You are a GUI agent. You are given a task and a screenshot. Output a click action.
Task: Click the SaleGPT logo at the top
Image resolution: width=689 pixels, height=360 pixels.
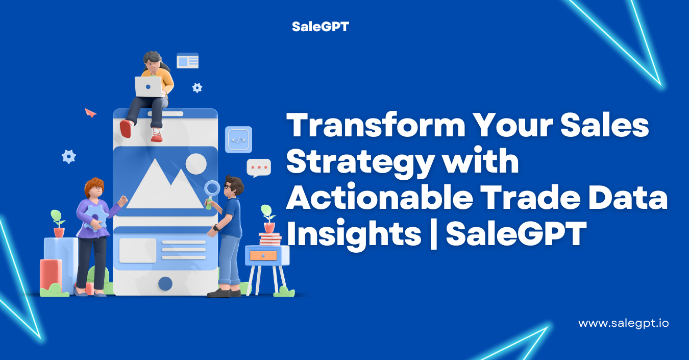320,27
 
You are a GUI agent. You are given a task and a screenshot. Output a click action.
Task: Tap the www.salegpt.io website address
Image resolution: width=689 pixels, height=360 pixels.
624,324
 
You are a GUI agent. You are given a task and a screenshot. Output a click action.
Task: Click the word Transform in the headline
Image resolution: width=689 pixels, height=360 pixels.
376,125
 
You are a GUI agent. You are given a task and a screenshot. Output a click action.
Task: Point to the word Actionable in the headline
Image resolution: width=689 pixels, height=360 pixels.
380,197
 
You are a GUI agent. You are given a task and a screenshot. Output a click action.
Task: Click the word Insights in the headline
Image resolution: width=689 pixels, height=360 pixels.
354,234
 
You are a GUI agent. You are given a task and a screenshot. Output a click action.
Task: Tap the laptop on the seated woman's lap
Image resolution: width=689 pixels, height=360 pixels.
148,87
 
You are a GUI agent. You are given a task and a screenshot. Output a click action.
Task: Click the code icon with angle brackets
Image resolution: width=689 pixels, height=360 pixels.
238,140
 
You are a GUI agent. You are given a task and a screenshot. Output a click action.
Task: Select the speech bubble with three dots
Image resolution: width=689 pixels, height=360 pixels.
259,168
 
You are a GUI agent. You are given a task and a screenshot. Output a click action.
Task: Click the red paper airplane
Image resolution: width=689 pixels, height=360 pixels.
90,113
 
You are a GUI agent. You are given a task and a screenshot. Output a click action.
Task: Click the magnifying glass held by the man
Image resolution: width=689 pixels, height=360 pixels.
212,193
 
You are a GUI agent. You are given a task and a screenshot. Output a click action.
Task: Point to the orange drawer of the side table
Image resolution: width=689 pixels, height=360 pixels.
263,256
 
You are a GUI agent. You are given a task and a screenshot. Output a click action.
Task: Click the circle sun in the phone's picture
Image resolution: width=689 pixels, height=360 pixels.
196,164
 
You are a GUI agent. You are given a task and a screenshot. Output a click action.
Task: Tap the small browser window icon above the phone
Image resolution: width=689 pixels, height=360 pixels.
188,61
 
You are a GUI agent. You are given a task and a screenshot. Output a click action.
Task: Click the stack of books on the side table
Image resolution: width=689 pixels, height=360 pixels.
270,239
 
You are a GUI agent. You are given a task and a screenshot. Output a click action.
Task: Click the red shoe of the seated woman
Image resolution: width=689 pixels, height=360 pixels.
126,129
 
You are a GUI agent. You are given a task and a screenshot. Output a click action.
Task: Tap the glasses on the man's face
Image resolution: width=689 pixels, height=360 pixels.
227,186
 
